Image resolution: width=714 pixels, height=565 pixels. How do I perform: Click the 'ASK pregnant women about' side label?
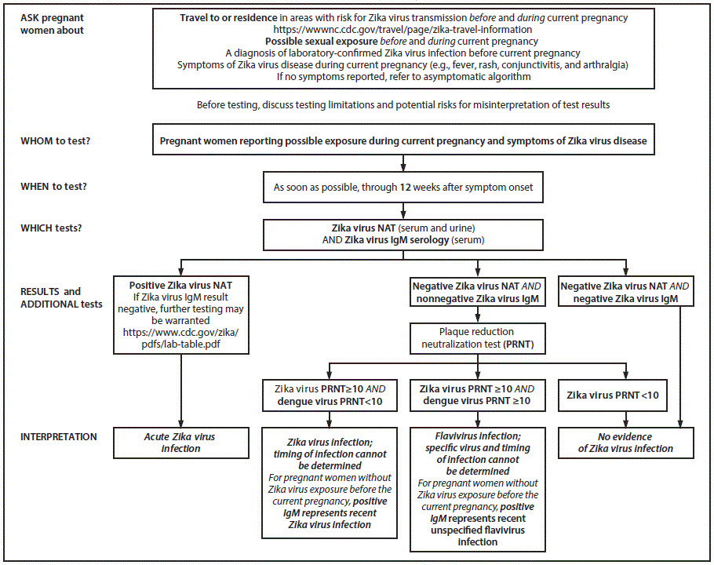pos(53,24)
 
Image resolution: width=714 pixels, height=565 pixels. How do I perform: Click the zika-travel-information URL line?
pos(403,29)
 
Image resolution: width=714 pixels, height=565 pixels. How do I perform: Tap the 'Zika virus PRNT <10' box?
pos(607,395)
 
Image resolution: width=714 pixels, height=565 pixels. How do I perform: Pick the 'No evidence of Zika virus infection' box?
pos(625,443)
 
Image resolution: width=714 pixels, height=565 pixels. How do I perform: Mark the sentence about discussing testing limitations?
pos(403,104)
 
